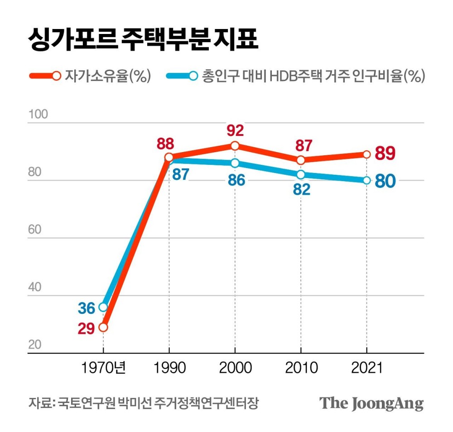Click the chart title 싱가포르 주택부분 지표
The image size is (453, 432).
(143, 39)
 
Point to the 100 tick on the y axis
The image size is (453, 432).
(38, 114)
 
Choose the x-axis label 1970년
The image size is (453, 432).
(103, 367)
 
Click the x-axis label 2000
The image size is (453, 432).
(235, 367)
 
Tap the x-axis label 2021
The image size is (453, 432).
(366, 367)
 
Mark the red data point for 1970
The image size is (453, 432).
(103, 327)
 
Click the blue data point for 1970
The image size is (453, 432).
(103, 307)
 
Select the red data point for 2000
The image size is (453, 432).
(235, 146)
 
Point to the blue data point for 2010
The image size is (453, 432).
(300, 175)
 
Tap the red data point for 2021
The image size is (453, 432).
(366, 154)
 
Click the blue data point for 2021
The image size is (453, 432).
(366, 180)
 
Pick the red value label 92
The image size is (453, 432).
(235, 131)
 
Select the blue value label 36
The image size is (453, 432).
(86, 308)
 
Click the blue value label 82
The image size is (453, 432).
(301, 189)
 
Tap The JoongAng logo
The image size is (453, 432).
(371, 403)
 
